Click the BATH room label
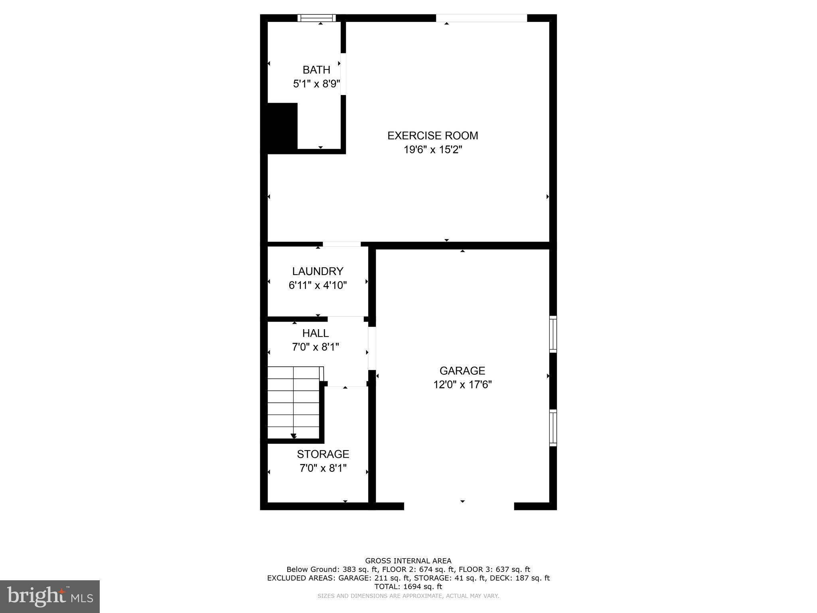pyautogui.click(x=316, y=70)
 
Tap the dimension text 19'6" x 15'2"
pyautogui.click(x=433, y=150)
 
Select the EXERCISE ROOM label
pyautogui.click(x=433, y=136)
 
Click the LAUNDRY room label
pyautogui.click(x=318, y=271)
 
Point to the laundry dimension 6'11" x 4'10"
pyautogui.click(x=318, y=285)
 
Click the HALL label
pyautogui.click(x=316, y=333)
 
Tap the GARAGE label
pyautogui.click(x=462, y=371)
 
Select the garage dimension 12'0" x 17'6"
pyautogui.click(x=462, y=385)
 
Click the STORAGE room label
pyautogui.click(x=323, y=454)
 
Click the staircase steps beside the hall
pyautogui.click(x=294, y=403)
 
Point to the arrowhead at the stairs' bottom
pyautogui.click(x=294, y=436)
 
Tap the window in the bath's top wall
pyautogui.click(x=317, y=18)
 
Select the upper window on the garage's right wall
pyautogui.click(x=553, y=334)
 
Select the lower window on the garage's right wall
pyautogui.click(x=553, y=427)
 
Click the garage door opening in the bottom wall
pyautogui.click(x=459, y=506)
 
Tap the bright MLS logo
pyautogui.click(x=50, y=596)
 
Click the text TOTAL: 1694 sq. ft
pyautogui.click(x=408, y=587)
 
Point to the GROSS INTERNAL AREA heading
pyautogui.click(x=408, y=561)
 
